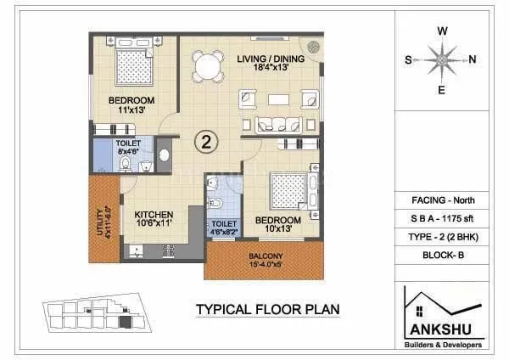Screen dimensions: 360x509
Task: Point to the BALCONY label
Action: [266, 255]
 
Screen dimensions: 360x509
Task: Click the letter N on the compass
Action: [473, 59]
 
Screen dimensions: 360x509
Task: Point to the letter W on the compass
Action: [442, 30]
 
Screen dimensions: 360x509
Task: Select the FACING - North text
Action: [442, 200]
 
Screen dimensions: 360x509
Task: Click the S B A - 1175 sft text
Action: [442, 218]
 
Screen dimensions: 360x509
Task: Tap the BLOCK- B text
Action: [442, 254]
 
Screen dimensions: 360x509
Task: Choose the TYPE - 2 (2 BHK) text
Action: [442, 236]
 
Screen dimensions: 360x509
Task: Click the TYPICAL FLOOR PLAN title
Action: [268, 310]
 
